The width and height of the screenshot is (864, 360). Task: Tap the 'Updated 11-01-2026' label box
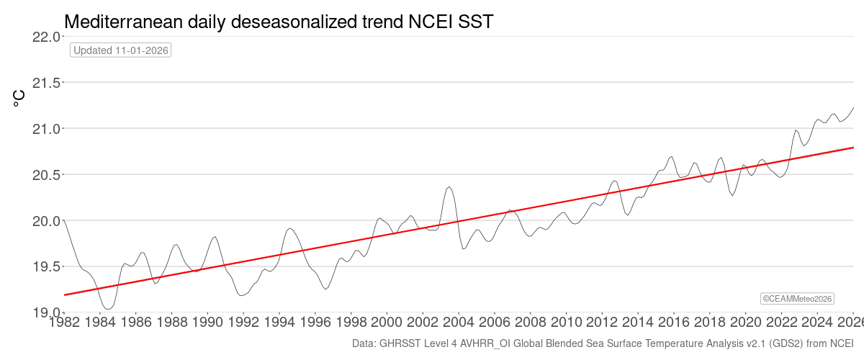(121, 50)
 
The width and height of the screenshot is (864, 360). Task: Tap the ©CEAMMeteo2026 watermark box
(798, 298)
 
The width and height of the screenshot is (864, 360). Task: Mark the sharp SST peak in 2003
(449, 187)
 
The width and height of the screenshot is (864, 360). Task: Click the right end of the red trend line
(853, 147)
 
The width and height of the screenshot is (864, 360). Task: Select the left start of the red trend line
(65, 295)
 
